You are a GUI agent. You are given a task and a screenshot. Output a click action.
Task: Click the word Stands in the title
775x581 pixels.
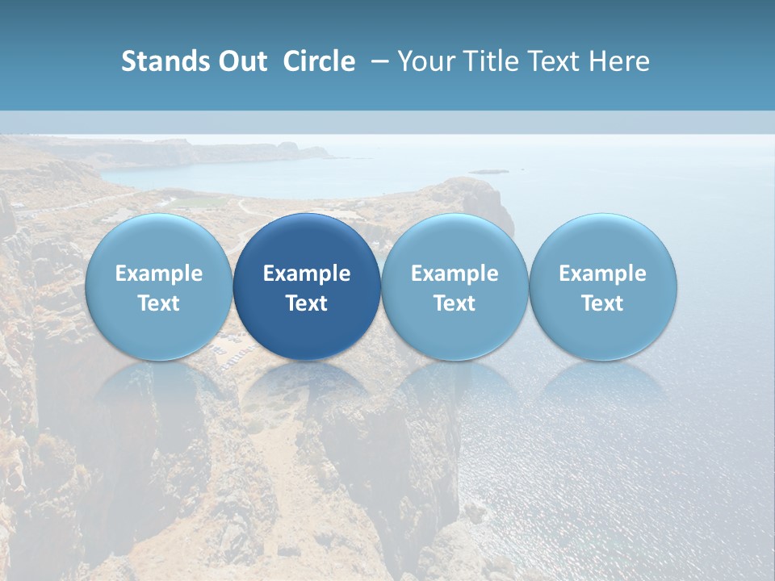[158, 61]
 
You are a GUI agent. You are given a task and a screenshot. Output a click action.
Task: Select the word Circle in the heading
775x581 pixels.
[319, 61]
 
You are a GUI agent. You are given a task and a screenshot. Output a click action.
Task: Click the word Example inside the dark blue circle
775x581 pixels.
[307, 274]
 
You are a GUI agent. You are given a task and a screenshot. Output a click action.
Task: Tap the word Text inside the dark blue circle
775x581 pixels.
[307, 303]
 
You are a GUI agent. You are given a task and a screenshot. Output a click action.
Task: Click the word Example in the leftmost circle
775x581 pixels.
[158, 274]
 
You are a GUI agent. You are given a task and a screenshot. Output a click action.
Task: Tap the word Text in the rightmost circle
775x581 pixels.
[602, 303]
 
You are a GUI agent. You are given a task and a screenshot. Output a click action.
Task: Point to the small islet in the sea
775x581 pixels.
[489, 171]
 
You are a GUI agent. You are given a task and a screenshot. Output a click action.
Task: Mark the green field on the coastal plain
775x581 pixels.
[198, 202]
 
